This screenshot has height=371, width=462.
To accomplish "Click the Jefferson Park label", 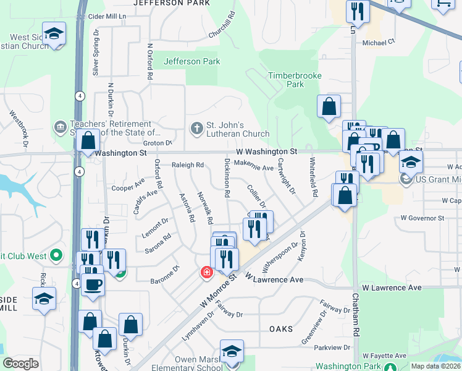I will [x=191, y=62].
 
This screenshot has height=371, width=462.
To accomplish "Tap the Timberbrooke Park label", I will [x=286, y=80].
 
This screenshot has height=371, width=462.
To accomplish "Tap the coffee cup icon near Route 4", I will [x=93, y=284].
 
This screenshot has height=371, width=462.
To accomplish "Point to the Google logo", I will [x=20, y=364].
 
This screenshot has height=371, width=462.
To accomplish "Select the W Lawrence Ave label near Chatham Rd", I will [x=392, y=288].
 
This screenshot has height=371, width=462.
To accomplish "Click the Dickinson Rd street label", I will [x=227, y=177].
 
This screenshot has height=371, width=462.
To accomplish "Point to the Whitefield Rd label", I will [x=314, y=177].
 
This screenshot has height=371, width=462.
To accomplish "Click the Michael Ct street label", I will [x=378, y=43].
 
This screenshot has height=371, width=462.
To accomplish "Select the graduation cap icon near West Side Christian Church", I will [x=54, y=35].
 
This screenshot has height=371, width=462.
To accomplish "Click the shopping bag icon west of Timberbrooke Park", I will [x=329, y=106].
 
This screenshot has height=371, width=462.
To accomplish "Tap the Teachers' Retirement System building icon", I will [x=61, y=127].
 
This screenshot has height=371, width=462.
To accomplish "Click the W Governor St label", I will [x=422, y=218].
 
